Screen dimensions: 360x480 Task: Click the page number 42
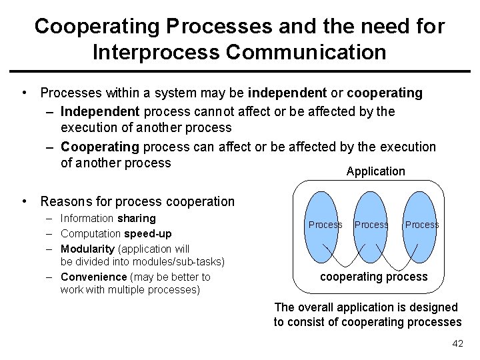pyautogui.click(x=457, y=343)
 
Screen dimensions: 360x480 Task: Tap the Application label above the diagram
pyautogui.click(x=375, y=171)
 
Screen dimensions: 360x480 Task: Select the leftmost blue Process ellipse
pyautogui.click(x=325, y=225)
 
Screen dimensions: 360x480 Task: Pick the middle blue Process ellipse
pyautogui.click(x=371, y=225)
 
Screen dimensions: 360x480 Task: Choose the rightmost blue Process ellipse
pyautogui.click(x=421, y=225)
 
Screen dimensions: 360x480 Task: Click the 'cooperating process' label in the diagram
pyautogui.click(x=374, y=277)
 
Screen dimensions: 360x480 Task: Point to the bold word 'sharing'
pyautogui.click(x=136, y=218)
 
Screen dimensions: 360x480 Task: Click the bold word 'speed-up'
pyautogui.click(x=147, y=233)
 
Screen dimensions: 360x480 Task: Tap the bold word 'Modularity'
pyautogui.click(x=87, y=249)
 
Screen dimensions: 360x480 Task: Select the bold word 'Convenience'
pyautogui.click(x=93, y=277)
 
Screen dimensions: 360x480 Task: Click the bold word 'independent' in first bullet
pyautogui.click(x=287, y=93)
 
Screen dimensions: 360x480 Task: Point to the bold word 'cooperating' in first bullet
pyautogui.click(x=385, y=93)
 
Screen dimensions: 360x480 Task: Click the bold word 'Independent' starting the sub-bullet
pyautogui.click(x=101, y=111)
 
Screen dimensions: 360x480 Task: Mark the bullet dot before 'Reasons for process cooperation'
pyautogui.click(x=24, y=201)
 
